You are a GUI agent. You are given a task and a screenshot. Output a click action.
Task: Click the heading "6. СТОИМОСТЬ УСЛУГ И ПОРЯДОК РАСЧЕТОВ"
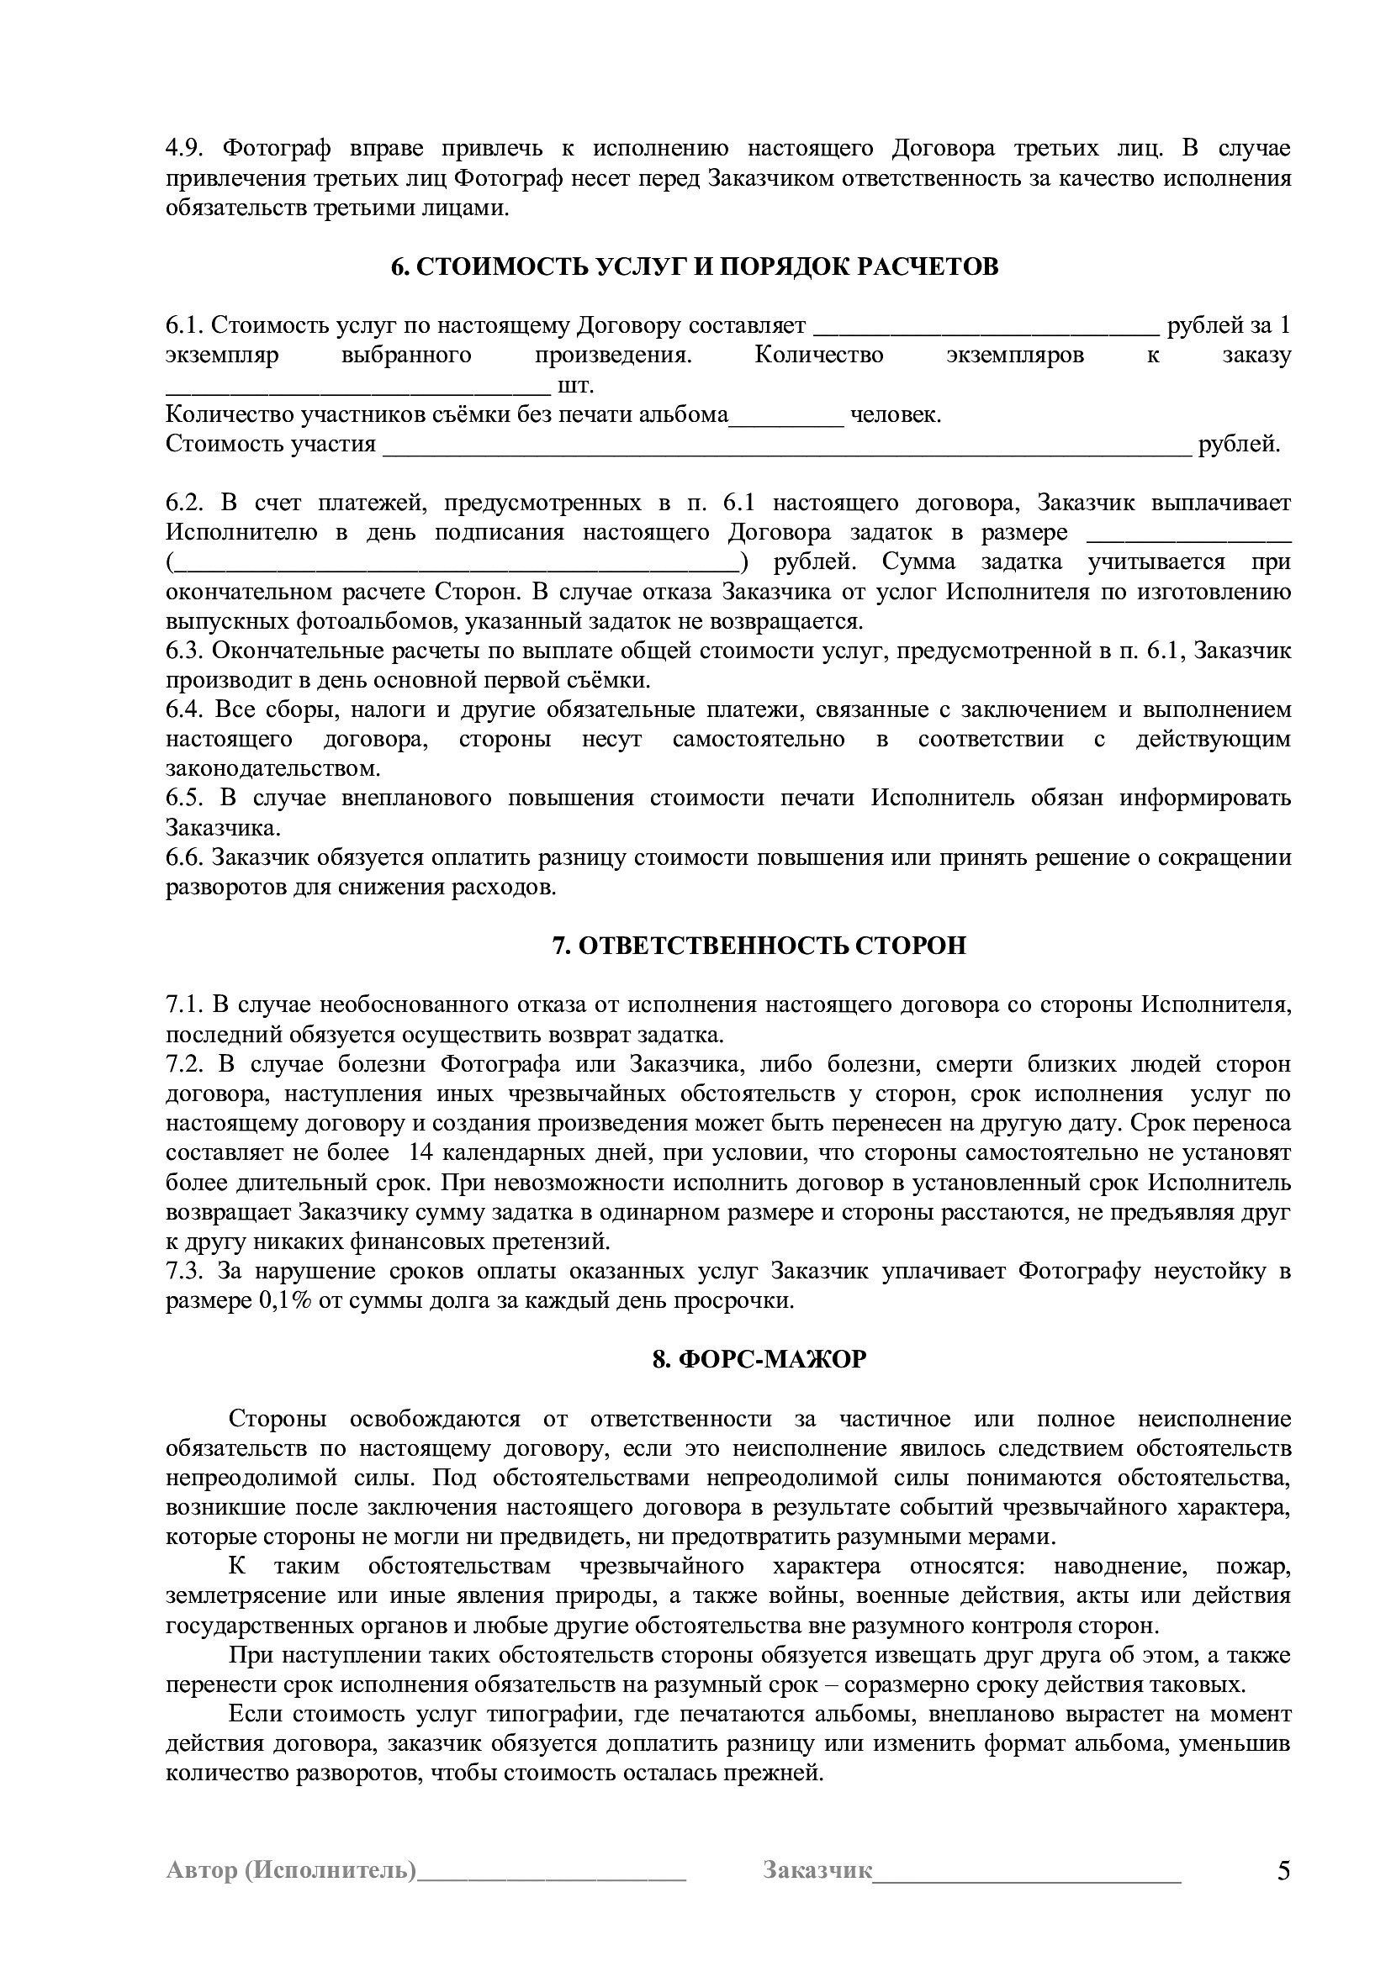(x=695, y=267)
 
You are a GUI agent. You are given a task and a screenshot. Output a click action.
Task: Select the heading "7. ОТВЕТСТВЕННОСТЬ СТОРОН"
(x=759, y=946)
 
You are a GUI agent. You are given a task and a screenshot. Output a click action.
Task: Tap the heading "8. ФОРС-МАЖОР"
(x=759, y=1359)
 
